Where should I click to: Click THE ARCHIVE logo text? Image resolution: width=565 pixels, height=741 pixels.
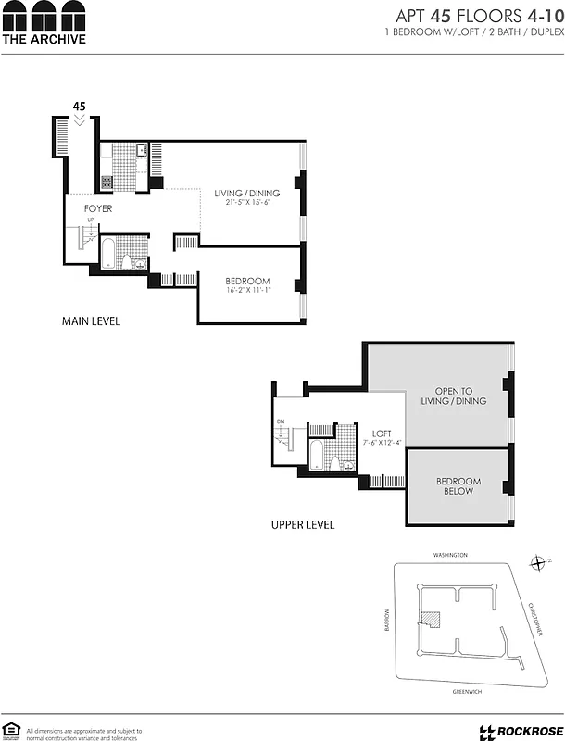point(44,39)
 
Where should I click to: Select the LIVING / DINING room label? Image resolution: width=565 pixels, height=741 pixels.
point(246,194)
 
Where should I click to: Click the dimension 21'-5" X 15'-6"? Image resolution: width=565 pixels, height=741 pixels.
point(246,203)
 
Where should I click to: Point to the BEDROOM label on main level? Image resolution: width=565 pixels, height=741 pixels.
point(247,282)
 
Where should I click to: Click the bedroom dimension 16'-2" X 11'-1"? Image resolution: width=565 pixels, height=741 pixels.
point(247,291)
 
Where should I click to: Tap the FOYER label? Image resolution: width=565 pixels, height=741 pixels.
point(98,209)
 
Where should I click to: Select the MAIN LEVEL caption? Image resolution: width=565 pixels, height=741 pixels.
point(91,322)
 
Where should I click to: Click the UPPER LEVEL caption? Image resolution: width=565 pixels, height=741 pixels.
point(303,525)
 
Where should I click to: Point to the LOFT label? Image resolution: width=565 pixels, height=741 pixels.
point(383,433)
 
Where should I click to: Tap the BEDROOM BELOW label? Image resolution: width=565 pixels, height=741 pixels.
point(458,486)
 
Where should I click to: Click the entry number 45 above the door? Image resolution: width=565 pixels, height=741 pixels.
point(80,107)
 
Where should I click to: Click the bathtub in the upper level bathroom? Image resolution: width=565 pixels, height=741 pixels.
point(317,456)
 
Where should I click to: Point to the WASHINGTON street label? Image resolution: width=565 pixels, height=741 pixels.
point(451,555)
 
